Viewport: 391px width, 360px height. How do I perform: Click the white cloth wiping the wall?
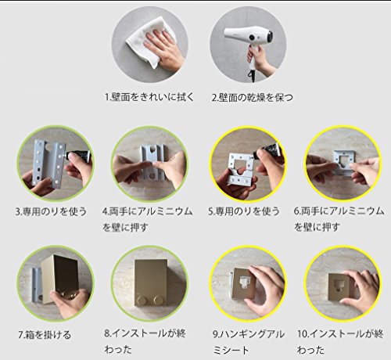coord(146,41)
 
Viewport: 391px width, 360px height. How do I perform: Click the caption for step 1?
coord(149,97)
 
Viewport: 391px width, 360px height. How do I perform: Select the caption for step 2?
coord(252,98)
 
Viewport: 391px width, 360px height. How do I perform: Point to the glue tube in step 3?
coord(78,156)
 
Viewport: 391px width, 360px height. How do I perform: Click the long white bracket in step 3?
coord(48,164)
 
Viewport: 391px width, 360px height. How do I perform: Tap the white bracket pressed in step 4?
coord(152,162)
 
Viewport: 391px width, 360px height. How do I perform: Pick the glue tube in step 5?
coord(267,151)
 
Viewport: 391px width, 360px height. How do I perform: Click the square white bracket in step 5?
coord(241,170)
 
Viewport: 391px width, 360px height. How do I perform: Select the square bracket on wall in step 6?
coord(345,162)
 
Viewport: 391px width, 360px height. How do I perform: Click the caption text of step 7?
coord(45,335)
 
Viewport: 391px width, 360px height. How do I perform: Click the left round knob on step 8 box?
coord(142,300)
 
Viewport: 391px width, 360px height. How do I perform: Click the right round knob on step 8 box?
coord(158,300)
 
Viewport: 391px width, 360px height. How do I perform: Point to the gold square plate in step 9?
coord(243,284)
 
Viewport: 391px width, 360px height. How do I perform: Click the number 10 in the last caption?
coord(303,334)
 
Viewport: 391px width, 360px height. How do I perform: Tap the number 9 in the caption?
coord(216,334)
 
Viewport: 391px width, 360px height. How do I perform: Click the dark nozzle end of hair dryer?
coord(270,37)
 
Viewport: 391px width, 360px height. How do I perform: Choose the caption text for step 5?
coord(244,211)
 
